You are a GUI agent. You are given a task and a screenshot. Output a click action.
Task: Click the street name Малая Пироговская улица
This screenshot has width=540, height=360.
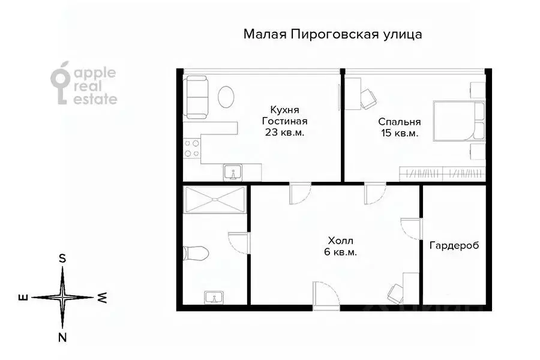[333, 34]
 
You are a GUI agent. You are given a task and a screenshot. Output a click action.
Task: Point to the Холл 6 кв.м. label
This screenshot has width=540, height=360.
[340, 247]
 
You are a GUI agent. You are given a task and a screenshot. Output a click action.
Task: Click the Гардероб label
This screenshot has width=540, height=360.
[454, 245]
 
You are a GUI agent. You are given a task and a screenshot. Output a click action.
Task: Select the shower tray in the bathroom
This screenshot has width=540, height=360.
[215, 200]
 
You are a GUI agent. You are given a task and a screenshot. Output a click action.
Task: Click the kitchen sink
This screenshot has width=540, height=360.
[233, 173]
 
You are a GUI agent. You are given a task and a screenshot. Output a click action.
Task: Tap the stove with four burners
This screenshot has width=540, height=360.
[192, 148]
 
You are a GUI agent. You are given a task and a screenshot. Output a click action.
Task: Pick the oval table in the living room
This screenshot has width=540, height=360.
[226, 97]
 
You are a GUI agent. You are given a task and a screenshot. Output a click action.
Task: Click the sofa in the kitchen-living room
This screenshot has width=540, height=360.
[196, 98]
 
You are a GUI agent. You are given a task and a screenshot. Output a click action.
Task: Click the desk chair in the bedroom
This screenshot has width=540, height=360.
[368, 98]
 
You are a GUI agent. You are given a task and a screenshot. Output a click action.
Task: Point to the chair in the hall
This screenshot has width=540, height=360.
[397, 293]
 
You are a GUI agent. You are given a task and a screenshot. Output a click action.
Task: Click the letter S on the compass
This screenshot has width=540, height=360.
[62, 258]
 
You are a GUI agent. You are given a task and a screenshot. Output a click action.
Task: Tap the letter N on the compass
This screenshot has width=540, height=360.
[62, 337]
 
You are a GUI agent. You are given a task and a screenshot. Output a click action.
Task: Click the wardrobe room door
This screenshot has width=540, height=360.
[412, 228]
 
